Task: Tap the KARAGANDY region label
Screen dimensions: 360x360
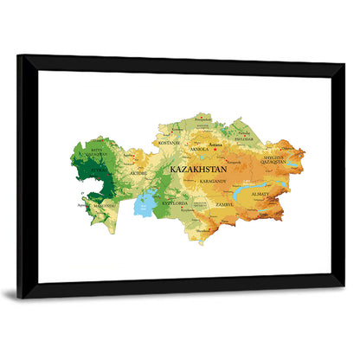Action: coord(212,182)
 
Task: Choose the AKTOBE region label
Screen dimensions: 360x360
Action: coord(138,173)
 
